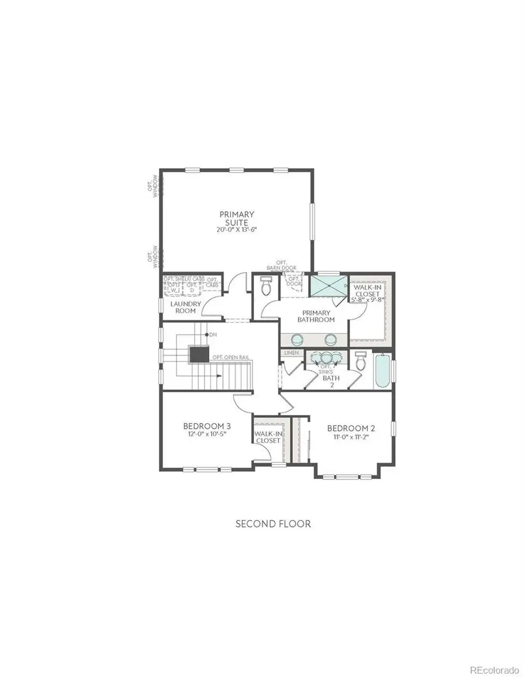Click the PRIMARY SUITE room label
pyautogui.click(x=237, y=218)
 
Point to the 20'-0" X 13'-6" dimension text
pyautogui.click(x=237, y=230)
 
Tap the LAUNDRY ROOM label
pyautogui.click(x=185, y=307)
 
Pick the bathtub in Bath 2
pyautogui.click(x=383, y=371)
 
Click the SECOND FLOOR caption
pyautogui.click(x=273, y=524)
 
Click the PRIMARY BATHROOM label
pyautogui.click(x=316, y=316)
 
